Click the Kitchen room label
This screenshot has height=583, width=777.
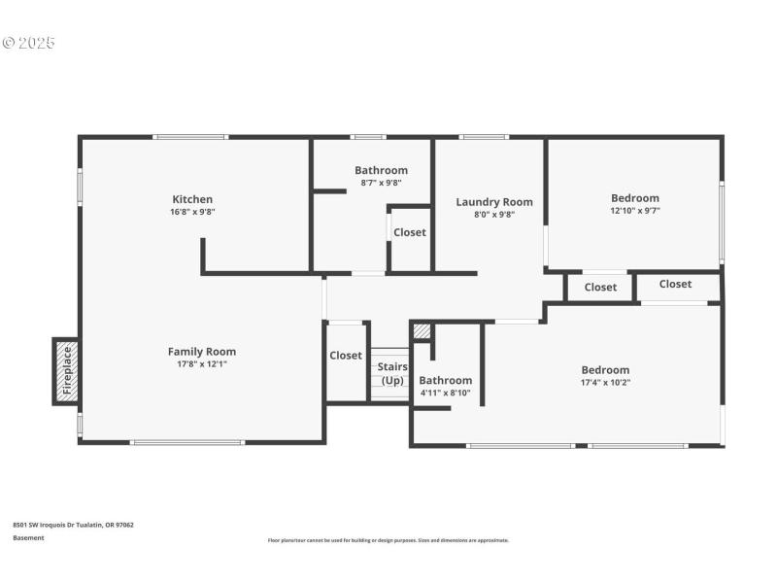[x=192, y=199]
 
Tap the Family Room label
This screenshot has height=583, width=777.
[x=201, y=352]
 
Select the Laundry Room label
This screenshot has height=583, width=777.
[x=494, y=202]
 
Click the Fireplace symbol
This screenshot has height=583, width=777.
[x=66, y=370]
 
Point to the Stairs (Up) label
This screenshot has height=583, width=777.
[x=392, y=373]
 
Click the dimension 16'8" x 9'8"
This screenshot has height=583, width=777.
[x=192, y=212]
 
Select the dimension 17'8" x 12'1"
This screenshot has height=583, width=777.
[x=201, y=364]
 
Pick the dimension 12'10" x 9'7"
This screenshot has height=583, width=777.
[x=635, y=211]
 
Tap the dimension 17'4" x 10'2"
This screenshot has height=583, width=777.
[x=605, y=382]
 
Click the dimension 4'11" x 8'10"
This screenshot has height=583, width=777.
[x=445, y=393]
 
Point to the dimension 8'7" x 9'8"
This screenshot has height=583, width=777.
[x=381, y=183]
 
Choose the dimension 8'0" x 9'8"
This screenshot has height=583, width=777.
[x=494, y=215]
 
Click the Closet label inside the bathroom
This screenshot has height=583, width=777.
[x=410, y=232]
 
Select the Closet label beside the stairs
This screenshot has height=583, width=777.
[x=346, y=356]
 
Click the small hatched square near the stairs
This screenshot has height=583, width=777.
[x=422, y=331]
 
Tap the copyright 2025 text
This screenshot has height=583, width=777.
[x=29, y=43]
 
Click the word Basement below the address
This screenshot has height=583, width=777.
[x=28, y=537]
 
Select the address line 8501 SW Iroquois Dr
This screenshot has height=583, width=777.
[x=73, y=525]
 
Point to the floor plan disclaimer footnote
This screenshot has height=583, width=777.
[x=388, y=540]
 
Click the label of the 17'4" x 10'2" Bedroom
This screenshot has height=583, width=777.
[x=605, y=369]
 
